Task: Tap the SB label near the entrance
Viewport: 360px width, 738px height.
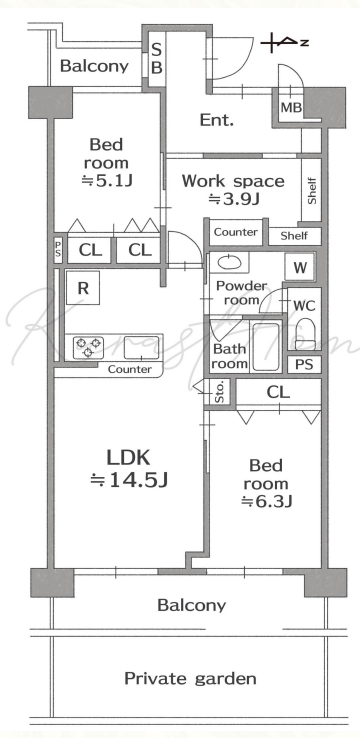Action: coord(157,58)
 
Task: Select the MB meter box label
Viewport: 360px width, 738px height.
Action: coord(291,108)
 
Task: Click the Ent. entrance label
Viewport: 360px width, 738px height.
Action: coord(217,120)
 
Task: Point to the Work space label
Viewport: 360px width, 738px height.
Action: coord(233,181)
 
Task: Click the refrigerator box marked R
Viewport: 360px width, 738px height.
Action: coord(82,288)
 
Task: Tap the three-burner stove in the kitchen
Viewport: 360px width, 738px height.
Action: coord(88,348)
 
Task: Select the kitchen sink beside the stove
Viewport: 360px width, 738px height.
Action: coord(141,348)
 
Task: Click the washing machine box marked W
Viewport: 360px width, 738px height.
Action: coord(300,268)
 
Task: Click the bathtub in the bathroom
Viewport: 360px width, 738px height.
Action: coord(265,347)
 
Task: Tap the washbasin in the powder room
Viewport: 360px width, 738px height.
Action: coord(229,262)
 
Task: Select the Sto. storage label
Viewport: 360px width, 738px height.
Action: coord(219,392)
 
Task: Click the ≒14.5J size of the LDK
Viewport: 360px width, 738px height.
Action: coord(129,480)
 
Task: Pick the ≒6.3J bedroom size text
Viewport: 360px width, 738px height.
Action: coord(266,502)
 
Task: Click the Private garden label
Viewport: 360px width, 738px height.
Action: coord(190,679)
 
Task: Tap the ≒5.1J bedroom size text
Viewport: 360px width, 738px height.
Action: coord(107,181)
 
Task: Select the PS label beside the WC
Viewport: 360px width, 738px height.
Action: coord(304,365)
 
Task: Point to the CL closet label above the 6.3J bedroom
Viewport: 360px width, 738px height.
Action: coord(278,392)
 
